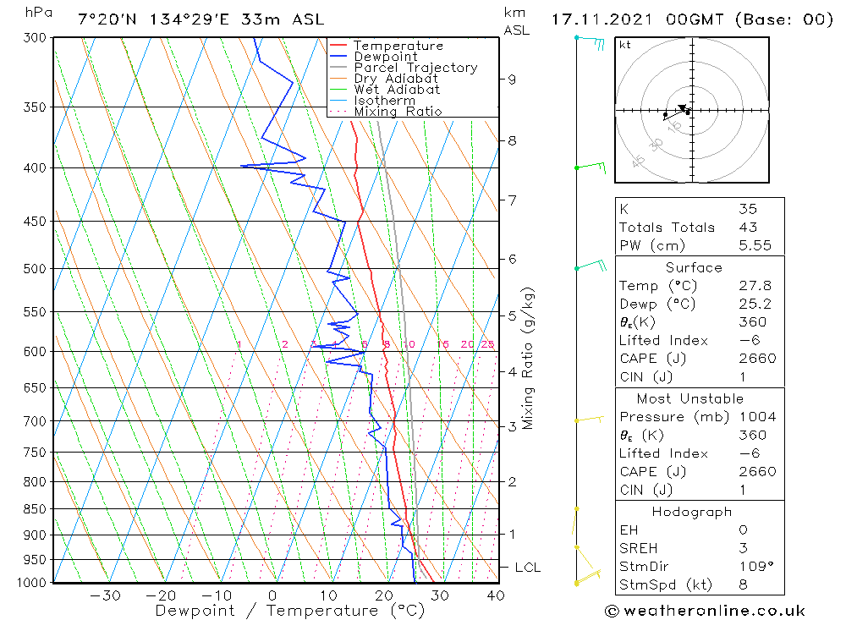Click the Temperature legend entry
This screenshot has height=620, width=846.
click(x=398, y=46)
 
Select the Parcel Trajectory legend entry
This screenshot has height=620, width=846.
click(x=415, y=68)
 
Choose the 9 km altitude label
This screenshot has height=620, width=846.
click(x=512, y=80)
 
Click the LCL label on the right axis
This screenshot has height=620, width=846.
click(x=527, y=568)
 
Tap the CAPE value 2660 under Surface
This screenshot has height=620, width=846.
click(x=756, y=358)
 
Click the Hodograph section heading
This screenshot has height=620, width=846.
click(x=692, y=512)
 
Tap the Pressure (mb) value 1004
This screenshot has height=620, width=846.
click(x=756, y=417)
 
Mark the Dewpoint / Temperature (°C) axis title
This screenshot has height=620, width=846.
click(x=289, y=611)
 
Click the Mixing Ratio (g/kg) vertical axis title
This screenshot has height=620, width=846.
click(x=529, y=358)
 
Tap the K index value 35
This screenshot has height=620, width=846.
click(x=748, y=209)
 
